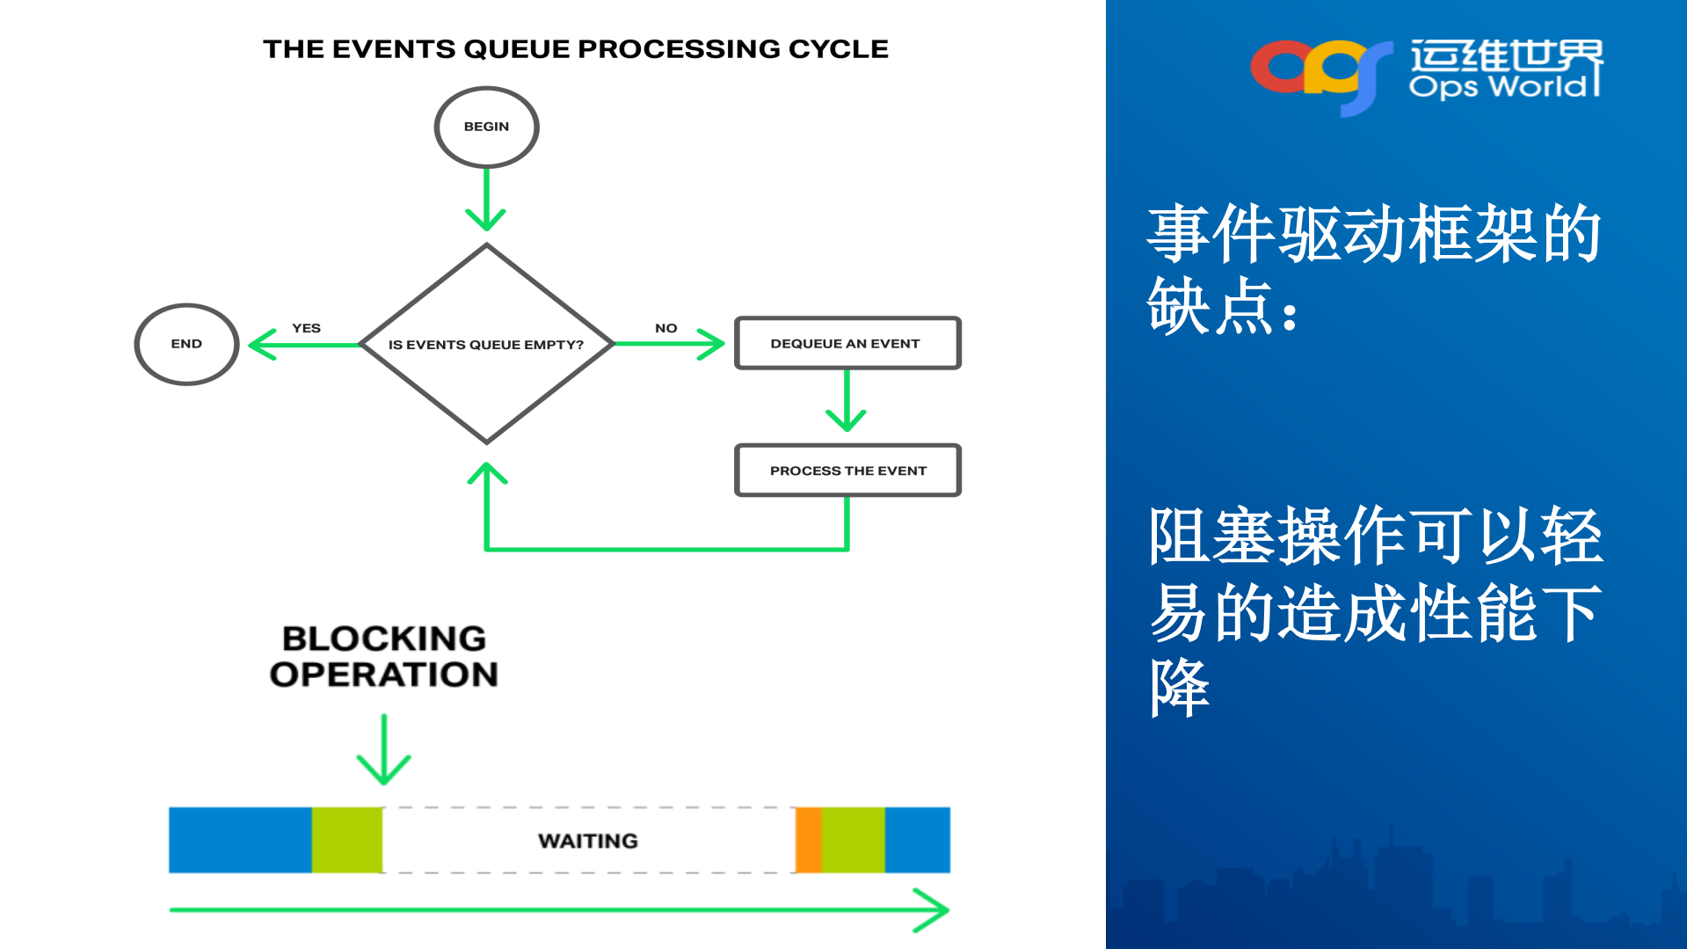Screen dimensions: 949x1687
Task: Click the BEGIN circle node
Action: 486,128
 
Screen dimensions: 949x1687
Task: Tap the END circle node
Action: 186,344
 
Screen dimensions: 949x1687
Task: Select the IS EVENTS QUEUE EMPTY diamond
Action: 486,344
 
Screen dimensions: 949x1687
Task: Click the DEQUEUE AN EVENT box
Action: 847,343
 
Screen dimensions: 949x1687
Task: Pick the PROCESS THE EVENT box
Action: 847,471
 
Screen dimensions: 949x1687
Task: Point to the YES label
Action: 306,328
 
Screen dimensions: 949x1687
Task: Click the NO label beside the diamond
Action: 665,328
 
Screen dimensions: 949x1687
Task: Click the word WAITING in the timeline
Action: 588,841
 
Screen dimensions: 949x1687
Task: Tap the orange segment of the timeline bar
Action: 808,840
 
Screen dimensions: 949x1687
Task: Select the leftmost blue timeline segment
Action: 240,840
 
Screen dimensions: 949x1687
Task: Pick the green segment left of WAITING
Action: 346,840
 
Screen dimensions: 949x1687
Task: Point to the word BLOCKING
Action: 384,639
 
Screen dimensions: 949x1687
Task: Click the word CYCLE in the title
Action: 838,49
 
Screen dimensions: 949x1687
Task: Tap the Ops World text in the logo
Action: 1499,86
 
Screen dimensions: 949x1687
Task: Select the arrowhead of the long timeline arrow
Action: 934,909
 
